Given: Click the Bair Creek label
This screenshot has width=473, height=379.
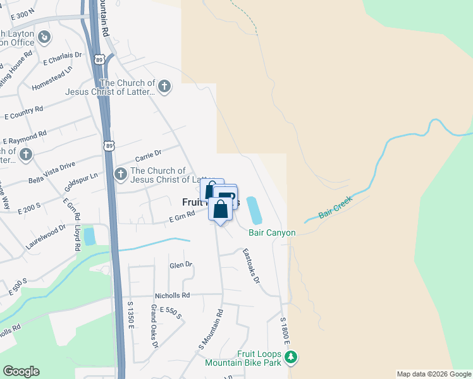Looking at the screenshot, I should (x=335, y=207).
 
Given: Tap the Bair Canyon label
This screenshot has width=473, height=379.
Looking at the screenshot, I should (x=272, y=233).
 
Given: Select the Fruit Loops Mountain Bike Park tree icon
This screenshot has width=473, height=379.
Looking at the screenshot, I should (x=291, y=358).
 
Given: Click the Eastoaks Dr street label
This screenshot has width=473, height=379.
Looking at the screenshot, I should (x=252, y=265).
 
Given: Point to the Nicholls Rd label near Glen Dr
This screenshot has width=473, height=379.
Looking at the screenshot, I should (x=172, y=295).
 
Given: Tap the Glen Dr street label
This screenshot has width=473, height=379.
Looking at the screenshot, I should (x=180, y=265).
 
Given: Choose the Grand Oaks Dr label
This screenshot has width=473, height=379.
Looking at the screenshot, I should (x=154, y=326).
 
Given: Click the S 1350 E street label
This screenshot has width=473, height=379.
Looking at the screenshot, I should (x=131, y=314).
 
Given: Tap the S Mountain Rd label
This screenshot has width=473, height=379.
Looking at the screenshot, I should (x=211, y=330).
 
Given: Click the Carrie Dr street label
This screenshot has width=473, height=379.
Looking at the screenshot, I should (x=149, y=154).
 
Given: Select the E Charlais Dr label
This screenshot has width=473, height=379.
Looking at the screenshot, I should (x=63, y=59).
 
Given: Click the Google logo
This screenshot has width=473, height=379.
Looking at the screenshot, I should (x=21, y=371).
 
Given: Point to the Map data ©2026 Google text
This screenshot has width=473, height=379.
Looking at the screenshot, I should (x=433, y=374).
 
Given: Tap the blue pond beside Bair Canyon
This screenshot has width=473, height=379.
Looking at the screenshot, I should (x=254, y=210).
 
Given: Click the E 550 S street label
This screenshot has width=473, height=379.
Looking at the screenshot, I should (x=170, y=311).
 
